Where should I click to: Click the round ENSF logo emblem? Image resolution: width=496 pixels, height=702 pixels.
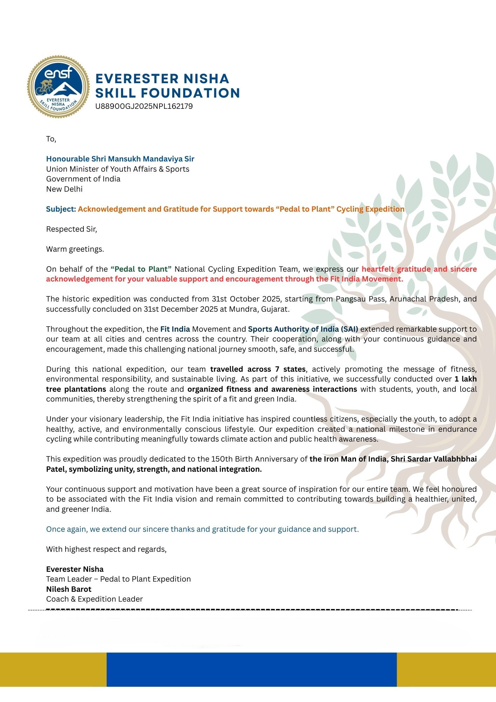tap(59, 86)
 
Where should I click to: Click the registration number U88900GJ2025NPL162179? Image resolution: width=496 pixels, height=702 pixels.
tap(144, 106)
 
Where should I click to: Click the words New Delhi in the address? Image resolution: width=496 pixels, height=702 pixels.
tap(64, 189)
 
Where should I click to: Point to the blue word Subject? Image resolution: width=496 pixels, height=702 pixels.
tap(61, 209)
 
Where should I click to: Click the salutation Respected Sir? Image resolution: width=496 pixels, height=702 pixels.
tap(71, 229)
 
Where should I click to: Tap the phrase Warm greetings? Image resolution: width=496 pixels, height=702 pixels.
tap(75, 249)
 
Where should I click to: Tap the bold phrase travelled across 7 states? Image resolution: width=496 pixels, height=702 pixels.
tap(258, 369)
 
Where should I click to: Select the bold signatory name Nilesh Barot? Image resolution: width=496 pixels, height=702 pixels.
tap(69, 589)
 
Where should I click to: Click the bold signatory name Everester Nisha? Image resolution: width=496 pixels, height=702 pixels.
tap(75, 569)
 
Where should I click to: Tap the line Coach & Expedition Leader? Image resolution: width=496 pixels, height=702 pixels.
tap(94, 599)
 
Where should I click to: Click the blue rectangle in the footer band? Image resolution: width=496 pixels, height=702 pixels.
tap(252, 669)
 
